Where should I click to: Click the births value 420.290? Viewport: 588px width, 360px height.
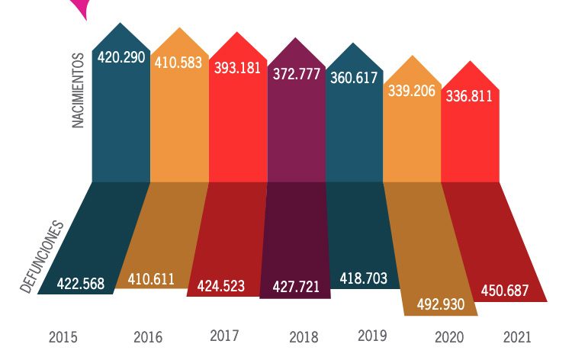coord(120,56)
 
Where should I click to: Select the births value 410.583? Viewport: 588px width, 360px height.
coord(177,63)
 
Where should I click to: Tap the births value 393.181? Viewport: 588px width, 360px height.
coord(237,66)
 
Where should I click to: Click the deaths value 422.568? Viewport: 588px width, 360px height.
coord(76,284)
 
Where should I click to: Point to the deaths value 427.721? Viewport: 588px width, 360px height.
coord(296,287)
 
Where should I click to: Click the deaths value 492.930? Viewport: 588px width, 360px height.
coord(441,304)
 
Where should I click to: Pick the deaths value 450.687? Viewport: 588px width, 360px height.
coord(509,291)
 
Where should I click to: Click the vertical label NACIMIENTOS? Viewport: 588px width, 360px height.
coord(79,91)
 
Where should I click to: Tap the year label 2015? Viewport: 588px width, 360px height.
coord(63,336)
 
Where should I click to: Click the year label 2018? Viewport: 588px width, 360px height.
coord(304,336)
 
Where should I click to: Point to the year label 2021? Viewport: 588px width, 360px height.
coord(517,336)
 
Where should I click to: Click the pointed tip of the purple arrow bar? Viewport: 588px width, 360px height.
coord(297,37)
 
